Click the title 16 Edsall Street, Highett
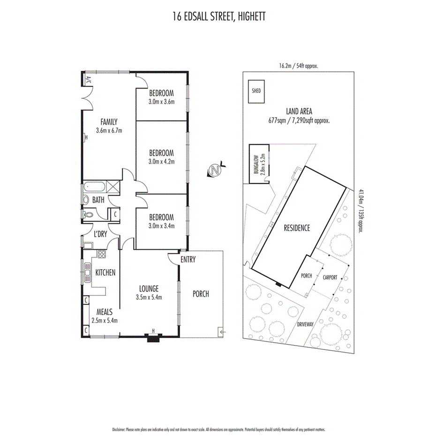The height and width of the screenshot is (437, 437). (x=218, y=17)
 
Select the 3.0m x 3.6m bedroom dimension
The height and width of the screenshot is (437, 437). (x=161, y=101)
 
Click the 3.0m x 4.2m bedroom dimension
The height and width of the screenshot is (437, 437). (x=161, y=162)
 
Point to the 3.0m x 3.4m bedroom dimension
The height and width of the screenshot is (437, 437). (x=161, y=226)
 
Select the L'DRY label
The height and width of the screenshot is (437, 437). (x=100, y=234)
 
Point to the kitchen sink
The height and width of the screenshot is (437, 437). (x=87, y=272)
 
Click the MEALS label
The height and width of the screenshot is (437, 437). (x=104, y=311)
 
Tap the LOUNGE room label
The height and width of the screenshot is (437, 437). (x=149, y=288)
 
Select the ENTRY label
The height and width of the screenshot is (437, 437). (x=188, y=260)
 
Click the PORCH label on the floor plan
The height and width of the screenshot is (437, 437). (x=201, y=294)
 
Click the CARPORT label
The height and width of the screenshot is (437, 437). (x=330, y=278)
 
